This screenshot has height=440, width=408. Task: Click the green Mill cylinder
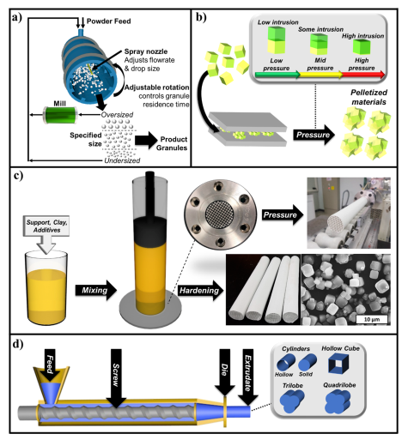[x=60, y=115]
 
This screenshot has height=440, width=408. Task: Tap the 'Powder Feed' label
[x=109, y=21]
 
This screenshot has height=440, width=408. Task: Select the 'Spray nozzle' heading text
[x=146, y=51]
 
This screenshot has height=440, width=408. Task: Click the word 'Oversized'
[x=117, y=115]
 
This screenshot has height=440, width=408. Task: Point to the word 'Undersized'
[x=122, y=160]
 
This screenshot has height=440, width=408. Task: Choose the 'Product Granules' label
[x=172, y=143]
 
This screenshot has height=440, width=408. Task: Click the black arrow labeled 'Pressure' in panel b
[x=314, y=135]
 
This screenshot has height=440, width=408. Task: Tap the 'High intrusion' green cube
[x=362, y=46]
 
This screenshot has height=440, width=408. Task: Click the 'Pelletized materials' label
[x=368, y=97]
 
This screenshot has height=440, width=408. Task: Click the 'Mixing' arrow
[x=96, y=291]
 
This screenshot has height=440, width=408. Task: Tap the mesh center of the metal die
[x=220, y=214]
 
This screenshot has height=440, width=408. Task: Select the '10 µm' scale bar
[x=372, y=319]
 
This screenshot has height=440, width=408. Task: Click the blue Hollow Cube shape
[x=339, y=363]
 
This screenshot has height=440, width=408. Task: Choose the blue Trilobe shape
[x=292, y=401]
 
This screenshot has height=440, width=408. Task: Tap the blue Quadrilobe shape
[x=338, y=401]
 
